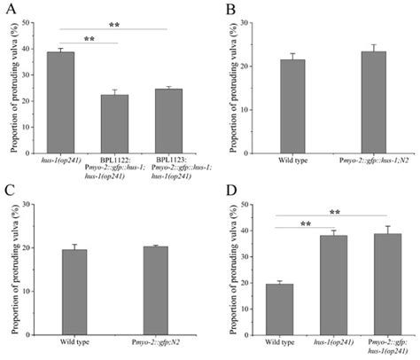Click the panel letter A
coord(7,9)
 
